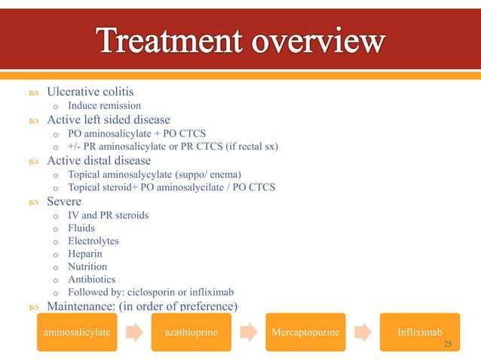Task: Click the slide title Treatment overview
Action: click(x=240, y=41)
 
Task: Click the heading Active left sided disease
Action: click(x=108, y=119)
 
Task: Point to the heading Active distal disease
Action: click(x=99, y=160)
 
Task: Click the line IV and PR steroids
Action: click(x=108, y=215)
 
